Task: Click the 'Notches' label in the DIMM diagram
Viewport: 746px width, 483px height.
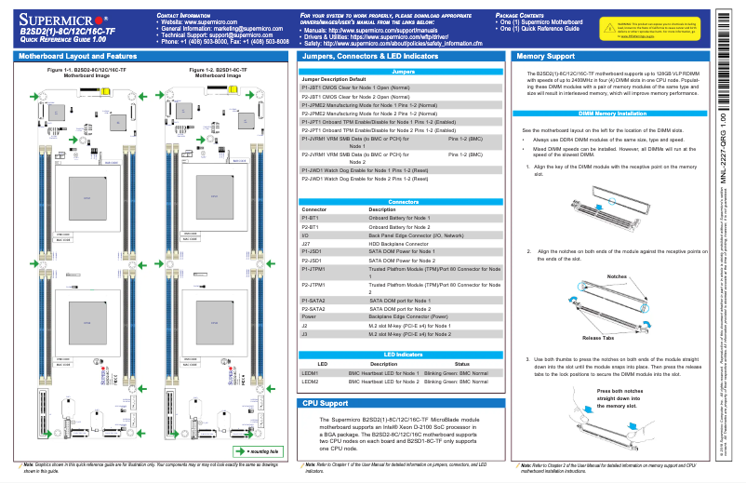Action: coord(616,277)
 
